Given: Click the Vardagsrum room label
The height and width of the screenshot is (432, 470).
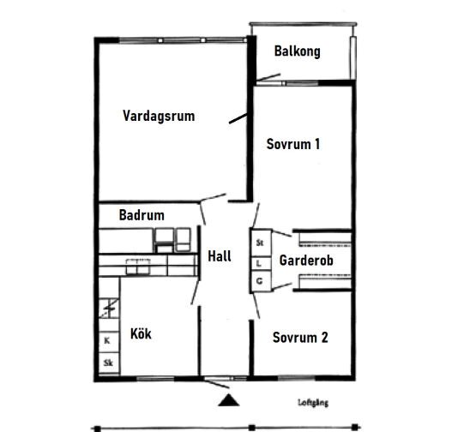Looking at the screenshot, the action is click(159, 117).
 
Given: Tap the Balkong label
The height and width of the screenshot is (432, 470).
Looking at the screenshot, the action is click(297, 51).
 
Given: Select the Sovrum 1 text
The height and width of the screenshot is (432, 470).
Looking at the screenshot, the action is click(293, 144).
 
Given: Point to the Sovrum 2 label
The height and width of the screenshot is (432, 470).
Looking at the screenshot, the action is click(300, 338).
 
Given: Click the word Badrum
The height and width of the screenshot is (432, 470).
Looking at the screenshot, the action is click(142, 215).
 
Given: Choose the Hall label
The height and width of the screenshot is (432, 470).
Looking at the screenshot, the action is click(220, 256).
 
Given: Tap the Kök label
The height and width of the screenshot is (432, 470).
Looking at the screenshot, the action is click(141, 333).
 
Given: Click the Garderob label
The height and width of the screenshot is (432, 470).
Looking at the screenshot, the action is click(306, 261).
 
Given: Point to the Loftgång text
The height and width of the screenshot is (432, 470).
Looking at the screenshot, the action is click(313, 403).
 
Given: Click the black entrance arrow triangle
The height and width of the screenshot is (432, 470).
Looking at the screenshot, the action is click(229, 400).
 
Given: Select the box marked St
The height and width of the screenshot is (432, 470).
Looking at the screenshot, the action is click(261, 243).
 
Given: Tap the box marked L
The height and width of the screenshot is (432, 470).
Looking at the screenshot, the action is click(261, 264).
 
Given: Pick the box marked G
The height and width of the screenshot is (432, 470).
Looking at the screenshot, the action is click(261, 280).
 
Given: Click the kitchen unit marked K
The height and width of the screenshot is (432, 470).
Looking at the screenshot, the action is click(109, 341).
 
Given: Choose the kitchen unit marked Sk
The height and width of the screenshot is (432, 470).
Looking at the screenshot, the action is click(109, 363).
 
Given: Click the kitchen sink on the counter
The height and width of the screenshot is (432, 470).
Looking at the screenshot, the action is click(137, 267).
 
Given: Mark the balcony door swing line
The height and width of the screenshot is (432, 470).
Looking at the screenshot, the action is click(268, 77).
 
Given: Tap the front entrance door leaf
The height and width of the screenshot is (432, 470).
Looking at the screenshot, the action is click(217, 384).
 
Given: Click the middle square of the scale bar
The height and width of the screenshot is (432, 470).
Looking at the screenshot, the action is click(252, 428).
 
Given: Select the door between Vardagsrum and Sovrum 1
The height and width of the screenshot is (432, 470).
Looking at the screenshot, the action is click(238, 118).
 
